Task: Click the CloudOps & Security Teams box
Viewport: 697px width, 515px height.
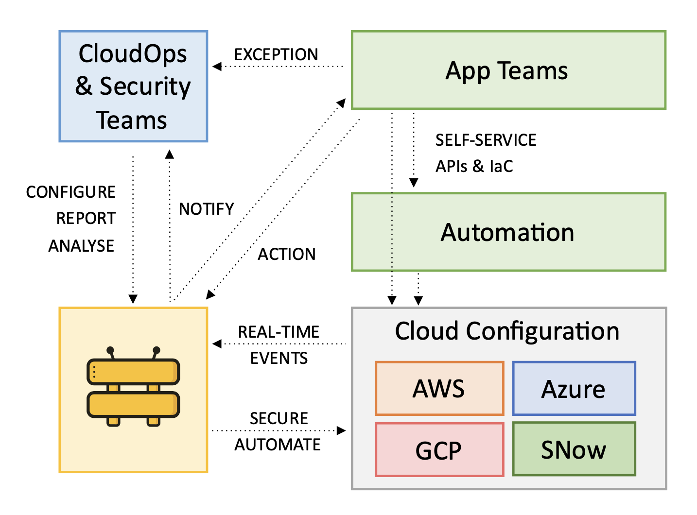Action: point(133,86)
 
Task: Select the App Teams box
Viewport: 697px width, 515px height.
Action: point(508,70)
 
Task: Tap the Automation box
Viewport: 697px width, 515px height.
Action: point(508,232)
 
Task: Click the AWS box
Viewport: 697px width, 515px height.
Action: point(439,389)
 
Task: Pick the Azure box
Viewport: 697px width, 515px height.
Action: point(574,389)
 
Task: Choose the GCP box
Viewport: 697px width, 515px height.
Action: point(439,450)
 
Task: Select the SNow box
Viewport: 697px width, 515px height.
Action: point(574,449)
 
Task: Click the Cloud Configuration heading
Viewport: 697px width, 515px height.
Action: point(507,331)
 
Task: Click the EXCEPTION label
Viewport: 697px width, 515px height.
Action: point(276,54)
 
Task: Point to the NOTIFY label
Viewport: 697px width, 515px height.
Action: point(207,209)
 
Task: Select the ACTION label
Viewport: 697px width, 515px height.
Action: point(287,254)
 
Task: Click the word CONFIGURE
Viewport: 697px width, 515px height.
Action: point(71,192)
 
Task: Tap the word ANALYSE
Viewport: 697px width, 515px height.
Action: point(81,246)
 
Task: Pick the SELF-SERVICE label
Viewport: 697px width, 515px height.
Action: point(486,140)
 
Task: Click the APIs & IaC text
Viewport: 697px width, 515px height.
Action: point(474,166)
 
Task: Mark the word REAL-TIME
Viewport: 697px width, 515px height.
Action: point(279,332)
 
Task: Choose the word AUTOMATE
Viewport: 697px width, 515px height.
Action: point(278,445)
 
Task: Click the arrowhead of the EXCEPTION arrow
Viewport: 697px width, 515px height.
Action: point(217,67)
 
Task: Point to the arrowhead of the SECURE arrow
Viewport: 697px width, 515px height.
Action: point(342,430)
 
